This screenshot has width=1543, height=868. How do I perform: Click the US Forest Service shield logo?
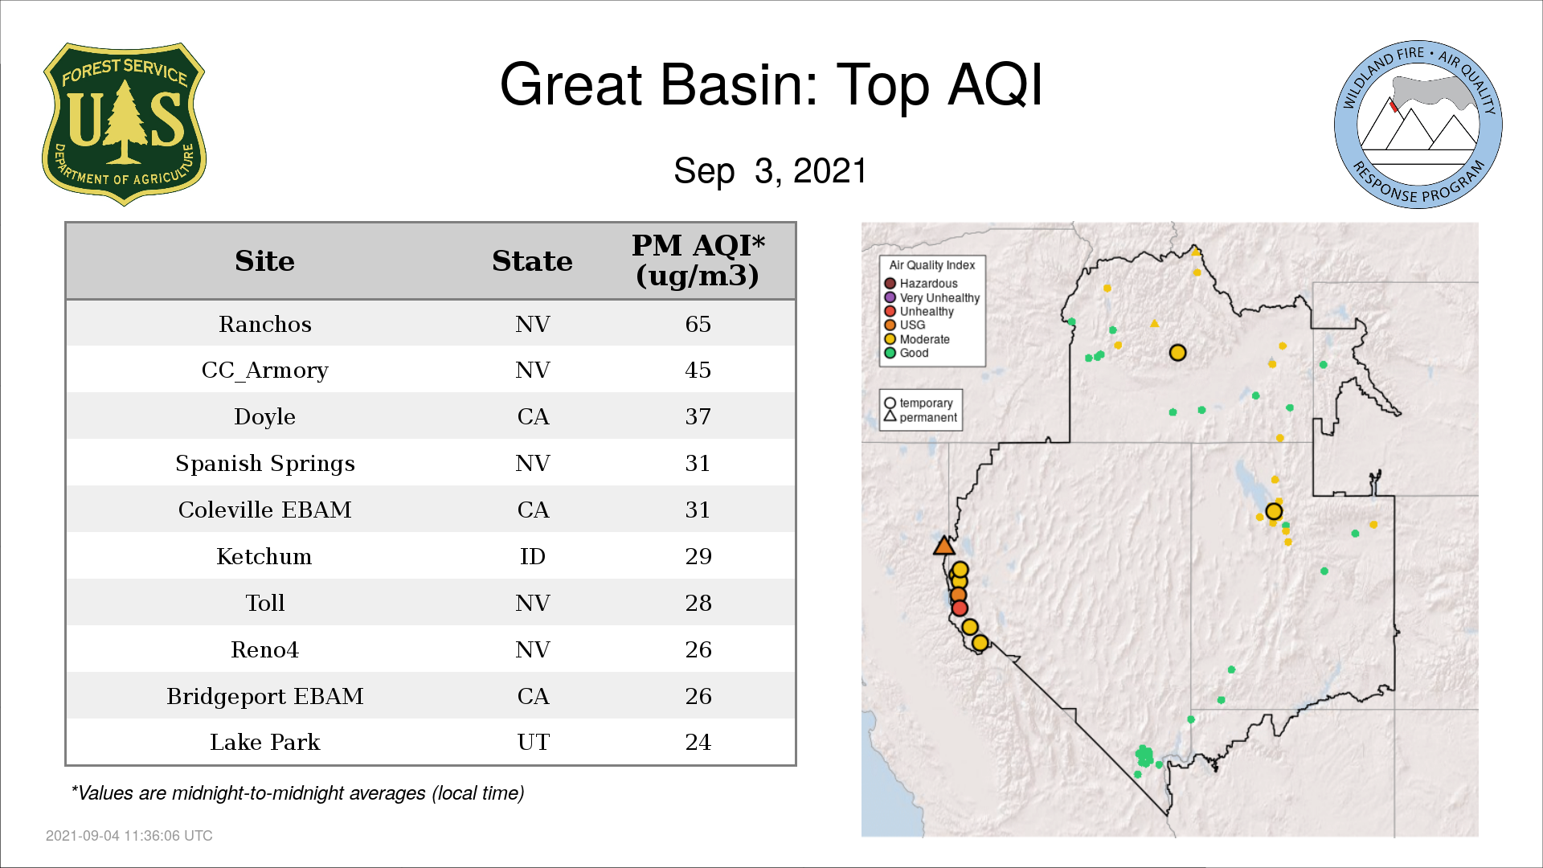pyautogui.click(x=124, y=125)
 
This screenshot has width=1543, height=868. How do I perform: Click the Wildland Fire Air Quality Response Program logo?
pyautogui.click(x=1418, y=125)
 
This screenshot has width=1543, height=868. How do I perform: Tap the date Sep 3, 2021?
pyautogui.click(x=770, y=170)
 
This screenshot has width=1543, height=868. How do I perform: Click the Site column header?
pyautogui.click(x=264, y=260)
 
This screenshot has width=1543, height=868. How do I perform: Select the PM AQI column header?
pyautogui.click(x=698, y=260)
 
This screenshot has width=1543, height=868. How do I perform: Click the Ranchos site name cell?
pyautogui.click(x=265, y=324)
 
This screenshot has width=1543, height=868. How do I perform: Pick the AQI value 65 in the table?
pyautogui.click(x=698, y=324)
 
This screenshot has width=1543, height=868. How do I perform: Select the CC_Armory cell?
pyautogui.click(x=265, y=371)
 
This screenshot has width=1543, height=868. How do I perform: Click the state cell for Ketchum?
pyautogui.click(x=533, y=556)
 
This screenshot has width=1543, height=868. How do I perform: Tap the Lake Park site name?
pyautogui.click(x=265, y=742)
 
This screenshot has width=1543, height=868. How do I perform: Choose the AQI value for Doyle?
pyautogui.click(x=698, y=416)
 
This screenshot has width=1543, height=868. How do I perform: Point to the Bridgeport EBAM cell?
pyautogui.click(x=265, y=696)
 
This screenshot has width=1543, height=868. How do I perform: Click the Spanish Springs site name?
pyautogui.click(x=265, y=464)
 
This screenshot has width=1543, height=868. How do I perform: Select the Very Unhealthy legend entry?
pyautogui.click(x=932, y=297)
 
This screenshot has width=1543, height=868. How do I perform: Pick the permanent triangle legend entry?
pyautogui.click(x=921, y=417)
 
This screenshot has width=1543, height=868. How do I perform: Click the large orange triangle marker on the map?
pyautogui.click(x=944, y=547)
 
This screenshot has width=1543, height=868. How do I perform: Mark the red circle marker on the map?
pyautogui.click(x=960, y=608)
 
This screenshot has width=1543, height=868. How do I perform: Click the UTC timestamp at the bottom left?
pyautogui.click(x=129, y=836)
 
